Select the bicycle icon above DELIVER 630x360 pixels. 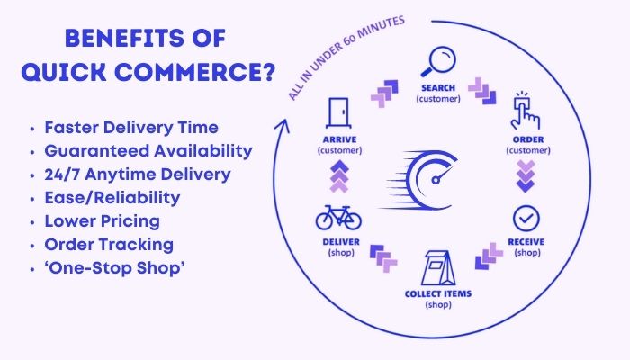coord(337,216)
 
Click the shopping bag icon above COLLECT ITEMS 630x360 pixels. coord(439,268)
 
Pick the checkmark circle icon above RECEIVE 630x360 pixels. coord(526,217)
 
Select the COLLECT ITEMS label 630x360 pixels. coord(439,294)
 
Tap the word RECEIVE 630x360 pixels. coord(526,243)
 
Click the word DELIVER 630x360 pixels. coord(337,242)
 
